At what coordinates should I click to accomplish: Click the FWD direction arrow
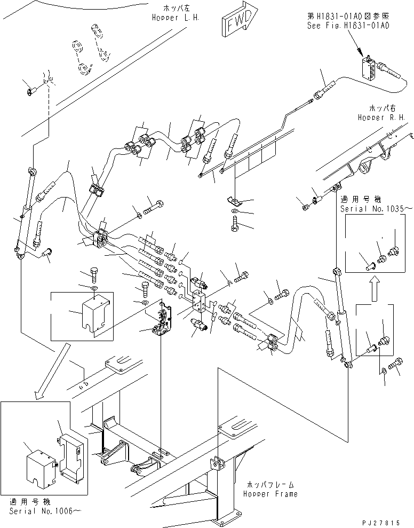pyautogui.click(x=240, y=22)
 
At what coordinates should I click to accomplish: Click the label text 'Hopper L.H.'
pyautogui.click(x=176, y=18)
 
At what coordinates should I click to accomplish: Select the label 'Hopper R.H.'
pyautogui.click(x=381, y=117)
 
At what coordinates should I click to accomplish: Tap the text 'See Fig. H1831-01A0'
pyautogui.click(x=348, y=26)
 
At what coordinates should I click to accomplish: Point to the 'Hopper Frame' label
pyautogui.click(x=270, y=494)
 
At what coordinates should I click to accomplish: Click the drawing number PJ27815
pyautogui.click(x=381, y=523)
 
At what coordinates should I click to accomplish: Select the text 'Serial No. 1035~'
pyautogui.click(x=376, y=209)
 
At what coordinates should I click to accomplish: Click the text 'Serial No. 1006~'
pyautogui.click(x=45, y=511)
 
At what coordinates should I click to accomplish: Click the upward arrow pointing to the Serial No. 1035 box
pyautogui.click(x=375, y=289)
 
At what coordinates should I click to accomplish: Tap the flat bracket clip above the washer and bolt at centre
pyautogui.click(x=234, y=201)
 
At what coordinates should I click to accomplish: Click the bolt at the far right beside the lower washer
pyautogui.click(x=394, y=364)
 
